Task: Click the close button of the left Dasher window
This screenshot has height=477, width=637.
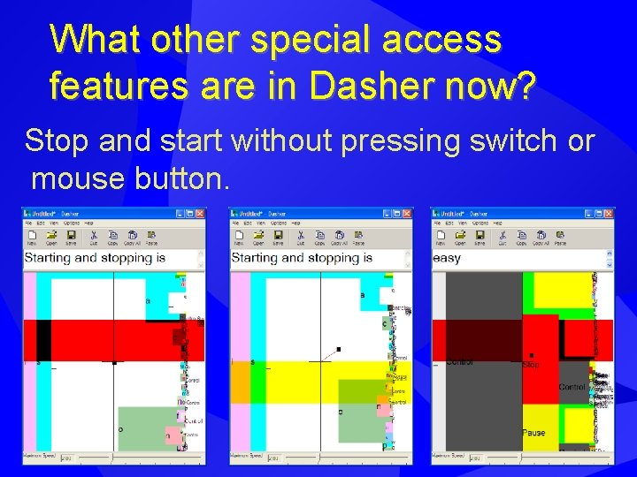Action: [201, 214]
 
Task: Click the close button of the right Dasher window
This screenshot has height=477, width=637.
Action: [610, 214]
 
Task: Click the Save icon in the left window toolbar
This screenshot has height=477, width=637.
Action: [71, 237]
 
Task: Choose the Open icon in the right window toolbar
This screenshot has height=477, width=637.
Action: [460, 237]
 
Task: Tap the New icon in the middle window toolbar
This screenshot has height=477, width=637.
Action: [239, 237]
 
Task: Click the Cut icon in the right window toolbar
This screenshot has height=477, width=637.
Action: [501, 237]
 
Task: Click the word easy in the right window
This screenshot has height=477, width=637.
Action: [447, 258]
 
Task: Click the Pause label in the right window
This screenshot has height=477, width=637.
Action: [533, 433]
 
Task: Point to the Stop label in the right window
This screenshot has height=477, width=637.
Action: [531, 364]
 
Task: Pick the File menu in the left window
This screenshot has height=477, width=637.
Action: [27, 224]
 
